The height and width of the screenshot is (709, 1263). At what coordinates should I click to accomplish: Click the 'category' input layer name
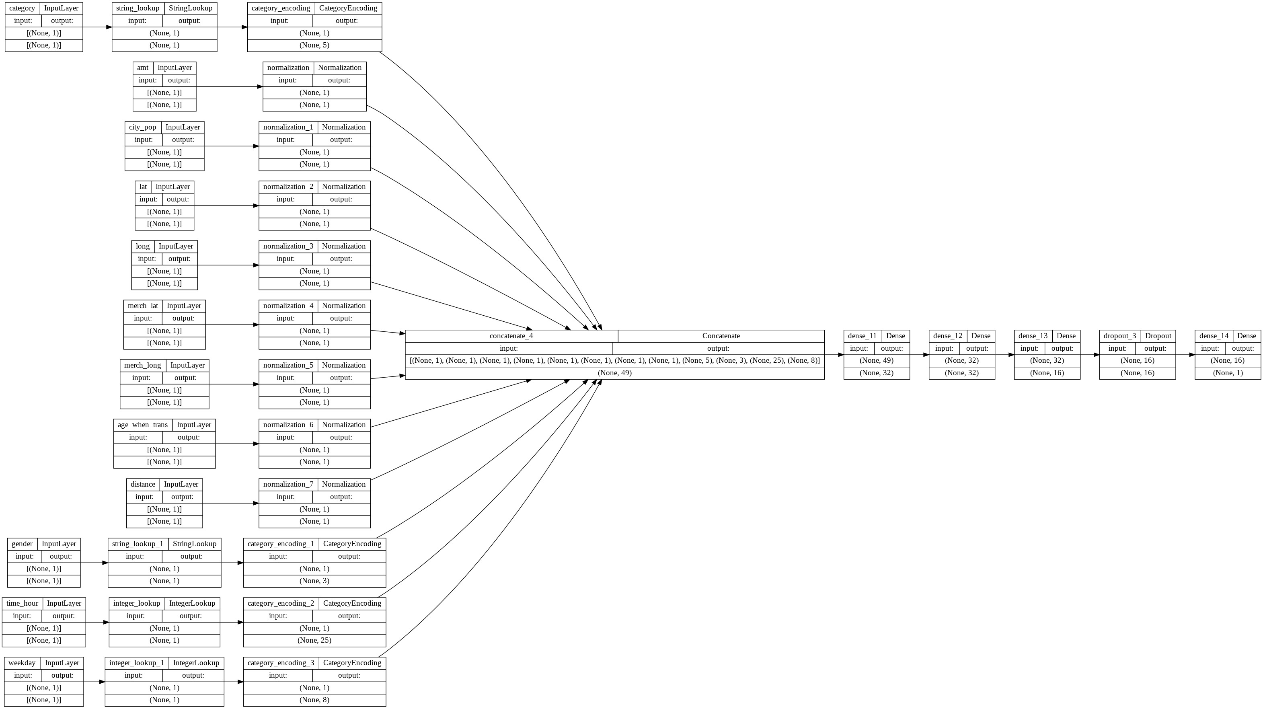click(22, 8)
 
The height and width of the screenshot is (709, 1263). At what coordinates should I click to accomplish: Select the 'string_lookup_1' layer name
click(138, 544)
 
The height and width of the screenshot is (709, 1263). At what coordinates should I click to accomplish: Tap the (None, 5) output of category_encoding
click(314, 45)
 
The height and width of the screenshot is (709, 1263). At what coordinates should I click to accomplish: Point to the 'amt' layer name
click(143, 68)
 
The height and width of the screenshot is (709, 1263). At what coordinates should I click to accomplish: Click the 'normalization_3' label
click(288, 246)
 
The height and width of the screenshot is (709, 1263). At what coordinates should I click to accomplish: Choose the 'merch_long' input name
click(142, 365)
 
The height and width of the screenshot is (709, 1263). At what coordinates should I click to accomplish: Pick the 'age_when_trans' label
click(142, 425)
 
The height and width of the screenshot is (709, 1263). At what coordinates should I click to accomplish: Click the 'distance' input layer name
click(143, 485)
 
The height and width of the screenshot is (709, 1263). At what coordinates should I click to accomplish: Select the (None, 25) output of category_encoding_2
click(314, 640)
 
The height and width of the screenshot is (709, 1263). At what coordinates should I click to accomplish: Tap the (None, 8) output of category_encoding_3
click(314, 700)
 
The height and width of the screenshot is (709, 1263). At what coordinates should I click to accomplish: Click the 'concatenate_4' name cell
click(511, 336)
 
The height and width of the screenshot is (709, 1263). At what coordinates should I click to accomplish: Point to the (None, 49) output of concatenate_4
click(614, 373)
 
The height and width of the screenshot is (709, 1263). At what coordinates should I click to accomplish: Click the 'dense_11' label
click(862, 336)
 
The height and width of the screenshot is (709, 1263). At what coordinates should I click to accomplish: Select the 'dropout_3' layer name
click(1119, 336)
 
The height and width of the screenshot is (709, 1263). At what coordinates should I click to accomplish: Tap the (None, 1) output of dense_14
click(1227, 373)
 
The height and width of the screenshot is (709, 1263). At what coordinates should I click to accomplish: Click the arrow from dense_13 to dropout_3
click(1089, 355)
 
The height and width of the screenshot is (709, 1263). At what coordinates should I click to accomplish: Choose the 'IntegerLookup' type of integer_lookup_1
click(196, 663)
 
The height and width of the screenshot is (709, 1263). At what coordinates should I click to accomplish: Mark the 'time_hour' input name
click(22, 604)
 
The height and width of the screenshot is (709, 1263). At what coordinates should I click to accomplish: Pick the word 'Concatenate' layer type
click(721, 336)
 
